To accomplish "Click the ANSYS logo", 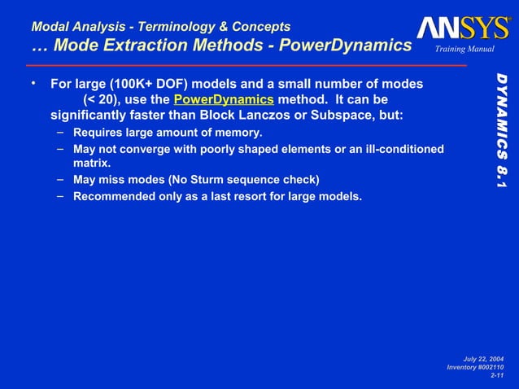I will click(464, 28).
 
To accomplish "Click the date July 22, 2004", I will click(483, 359).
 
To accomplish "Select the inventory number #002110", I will click(488, 368).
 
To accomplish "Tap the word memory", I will click(239, 131).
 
